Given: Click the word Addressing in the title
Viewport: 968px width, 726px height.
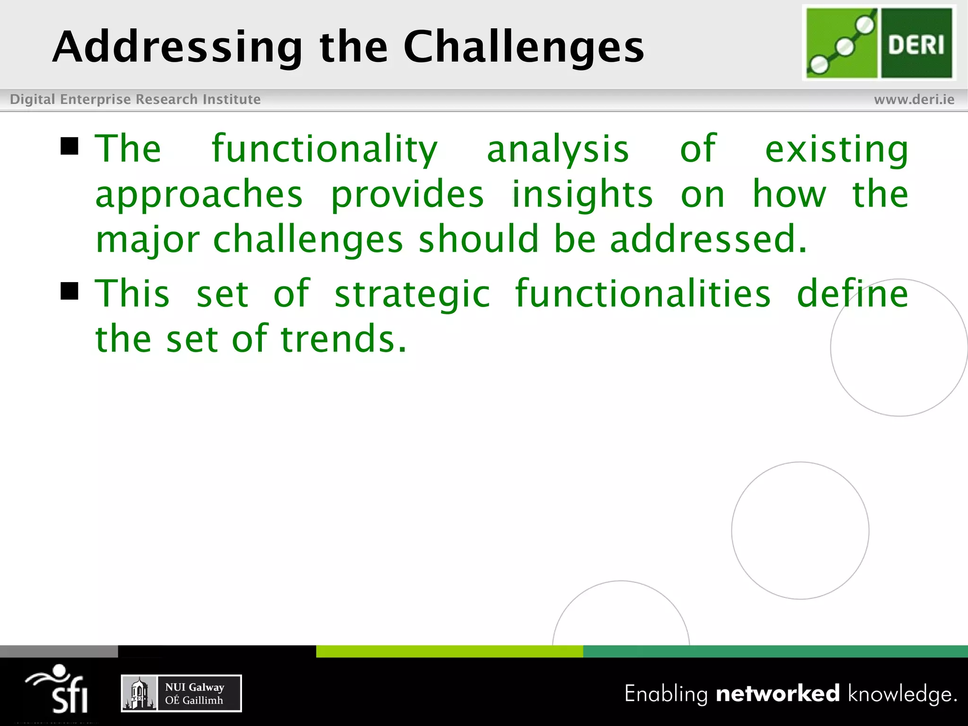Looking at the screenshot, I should tap(177, 47).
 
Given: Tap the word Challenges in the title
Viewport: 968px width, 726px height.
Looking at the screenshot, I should tap(523, 47).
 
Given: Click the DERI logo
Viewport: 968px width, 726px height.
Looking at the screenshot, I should tap(879, 43).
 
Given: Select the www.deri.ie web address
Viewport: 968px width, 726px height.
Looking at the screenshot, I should tap(914, 99).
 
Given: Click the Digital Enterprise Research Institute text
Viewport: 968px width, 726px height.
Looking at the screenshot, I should tap(135, 99).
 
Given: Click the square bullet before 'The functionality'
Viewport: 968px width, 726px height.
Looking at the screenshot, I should tap(69, 147).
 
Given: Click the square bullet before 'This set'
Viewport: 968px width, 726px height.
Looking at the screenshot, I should tap(69, 291).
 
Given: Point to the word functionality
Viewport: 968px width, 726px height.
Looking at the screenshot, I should tap(324, 149).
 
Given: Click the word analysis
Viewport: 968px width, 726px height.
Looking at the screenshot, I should tap(558, 149).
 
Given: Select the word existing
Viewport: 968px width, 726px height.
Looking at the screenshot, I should tap(836, 149).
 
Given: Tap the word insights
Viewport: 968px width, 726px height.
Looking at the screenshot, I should tap(582, 195).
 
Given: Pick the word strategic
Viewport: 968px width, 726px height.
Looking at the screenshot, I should tap(412, 294).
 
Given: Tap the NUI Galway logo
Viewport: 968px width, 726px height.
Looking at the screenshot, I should tap(181, 693).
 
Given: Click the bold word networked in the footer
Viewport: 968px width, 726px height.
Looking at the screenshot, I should tap(778, 693).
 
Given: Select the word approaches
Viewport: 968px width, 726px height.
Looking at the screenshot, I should tap(199, 195).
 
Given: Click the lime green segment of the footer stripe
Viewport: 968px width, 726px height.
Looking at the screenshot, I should tap(449, 651).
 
